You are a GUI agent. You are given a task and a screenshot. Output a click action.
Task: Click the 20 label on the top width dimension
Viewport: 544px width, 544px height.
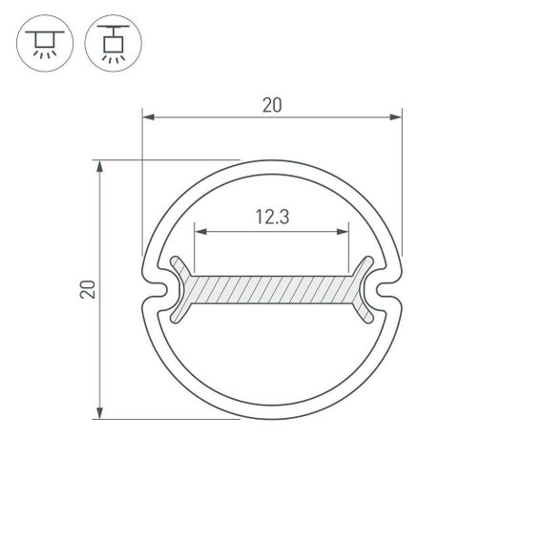click(x=272, y=106)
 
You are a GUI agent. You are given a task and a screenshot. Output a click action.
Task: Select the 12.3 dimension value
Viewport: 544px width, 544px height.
click(x=272, y=218)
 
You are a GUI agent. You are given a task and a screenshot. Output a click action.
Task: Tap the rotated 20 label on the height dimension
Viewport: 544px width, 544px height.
click(x=87, y=290)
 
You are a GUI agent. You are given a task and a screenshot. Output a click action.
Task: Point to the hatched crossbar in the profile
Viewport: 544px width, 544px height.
click(x=272, y=290)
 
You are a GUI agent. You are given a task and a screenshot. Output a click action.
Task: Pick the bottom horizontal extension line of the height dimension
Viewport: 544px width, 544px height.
click(x=172, y=418)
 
